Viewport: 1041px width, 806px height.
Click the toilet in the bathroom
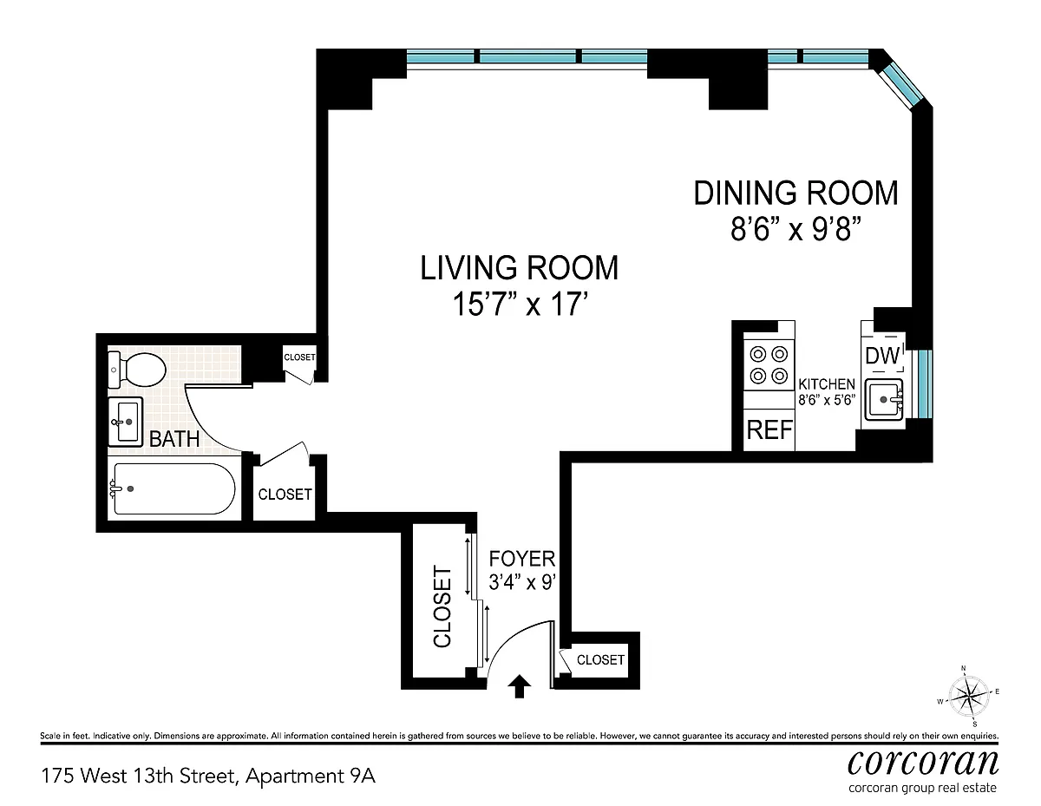pyautogui.click(x=137, y=370)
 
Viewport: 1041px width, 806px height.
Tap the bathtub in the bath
pyautogui.click(x=173, y=488)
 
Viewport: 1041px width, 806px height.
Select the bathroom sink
pyautogui.click(x=126, y=422)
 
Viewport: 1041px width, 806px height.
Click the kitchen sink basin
pyautogui.click(x=884, y=399)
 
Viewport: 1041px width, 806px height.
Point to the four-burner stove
pyautogui.click(x=769, y=365)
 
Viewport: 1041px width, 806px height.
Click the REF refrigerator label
pyautogui.click(x=769, y=429)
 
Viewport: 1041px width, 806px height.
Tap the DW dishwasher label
pyautogui.click(x=882, y=356)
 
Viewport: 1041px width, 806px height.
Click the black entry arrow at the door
pyautogui.click(x=520, y=686)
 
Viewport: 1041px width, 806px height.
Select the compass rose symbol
pyautogui.click(x=969, y=696)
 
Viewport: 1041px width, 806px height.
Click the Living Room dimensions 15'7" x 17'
pyautogui.click(x=520, y=305)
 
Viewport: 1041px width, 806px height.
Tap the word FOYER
pyautogui.click(x=521, y=559)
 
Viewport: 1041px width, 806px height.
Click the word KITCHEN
pyautogui.click(x=827, y=384)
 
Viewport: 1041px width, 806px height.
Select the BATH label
pyautogui.click(x=174, y=439)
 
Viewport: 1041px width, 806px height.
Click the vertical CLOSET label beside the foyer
pyautogui.click(x=442, y=606)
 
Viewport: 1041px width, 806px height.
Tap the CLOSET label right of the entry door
pyautogui.click(x=600, y=660)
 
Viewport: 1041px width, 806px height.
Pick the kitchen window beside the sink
pyautogui.click(x=925, y=384)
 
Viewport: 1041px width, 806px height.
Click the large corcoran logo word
pyautogui.click(x=923, y=763)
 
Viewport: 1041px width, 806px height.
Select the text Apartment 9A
pyautogui.click(x=311, y=777)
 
